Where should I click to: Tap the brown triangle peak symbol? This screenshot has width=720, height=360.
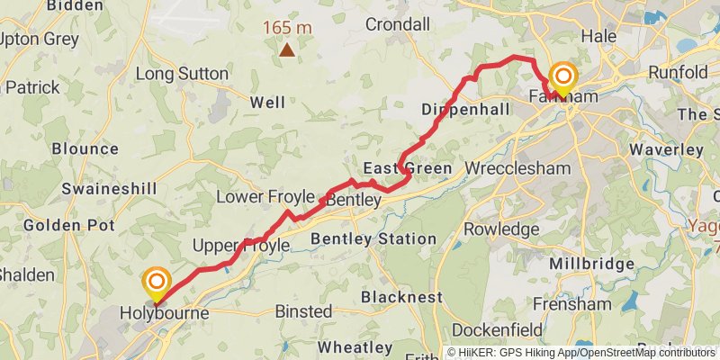286,50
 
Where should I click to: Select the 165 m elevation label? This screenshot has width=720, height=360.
287,27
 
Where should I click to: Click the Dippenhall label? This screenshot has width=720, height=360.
465,109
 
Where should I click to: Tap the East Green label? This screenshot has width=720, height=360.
407,168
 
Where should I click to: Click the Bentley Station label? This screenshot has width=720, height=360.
373,239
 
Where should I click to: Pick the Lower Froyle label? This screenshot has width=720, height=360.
265,197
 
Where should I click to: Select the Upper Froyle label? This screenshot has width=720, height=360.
241,246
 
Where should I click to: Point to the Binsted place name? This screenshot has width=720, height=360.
303,311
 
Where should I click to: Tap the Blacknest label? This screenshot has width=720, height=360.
401,296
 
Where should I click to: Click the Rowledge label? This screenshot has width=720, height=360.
501,229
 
